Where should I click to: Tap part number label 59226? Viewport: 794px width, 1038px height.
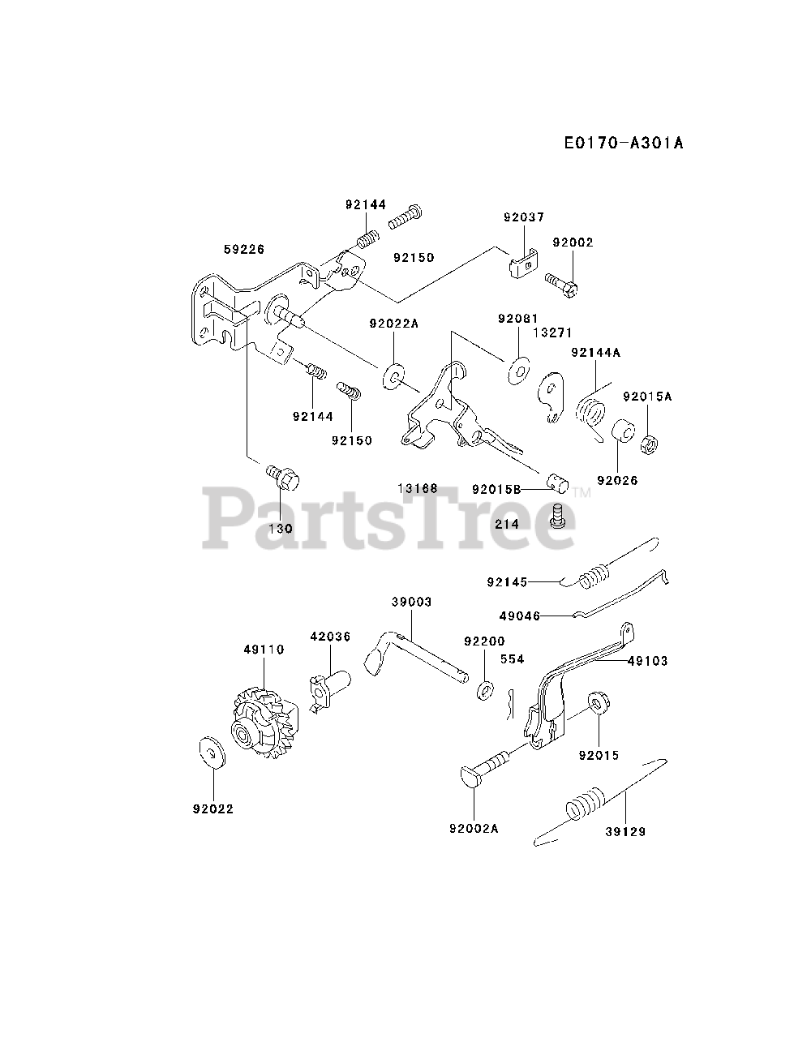click(x=244, y=250)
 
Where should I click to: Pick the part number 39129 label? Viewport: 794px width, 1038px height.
click(x=626, y=831)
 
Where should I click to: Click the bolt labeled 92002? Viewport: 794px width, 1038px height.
click(x=562, y=283)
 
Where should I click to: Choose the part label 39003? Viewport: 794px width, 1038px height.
click(x=411, y=602)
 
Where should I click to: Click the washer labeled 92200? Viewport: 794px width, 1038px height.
click(x=487, y=690)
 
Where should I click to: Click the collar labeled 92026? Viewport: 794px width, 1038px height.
click(x=623, y=431)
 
